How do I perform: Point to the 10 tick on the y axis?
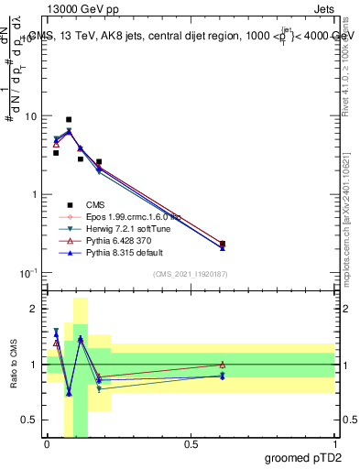[30, 117]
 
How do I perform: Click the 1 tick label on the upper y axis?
[35, 195]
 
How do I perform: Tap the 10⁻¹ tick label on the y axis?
[27, 273]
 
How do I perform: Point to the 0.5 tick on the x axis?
[191, 443]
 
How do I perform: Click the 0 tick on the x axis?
[47, 443]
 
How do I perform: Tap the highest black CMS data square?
[69, 119]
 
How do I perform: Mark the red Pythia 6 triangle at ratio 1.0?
[223, 365]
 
